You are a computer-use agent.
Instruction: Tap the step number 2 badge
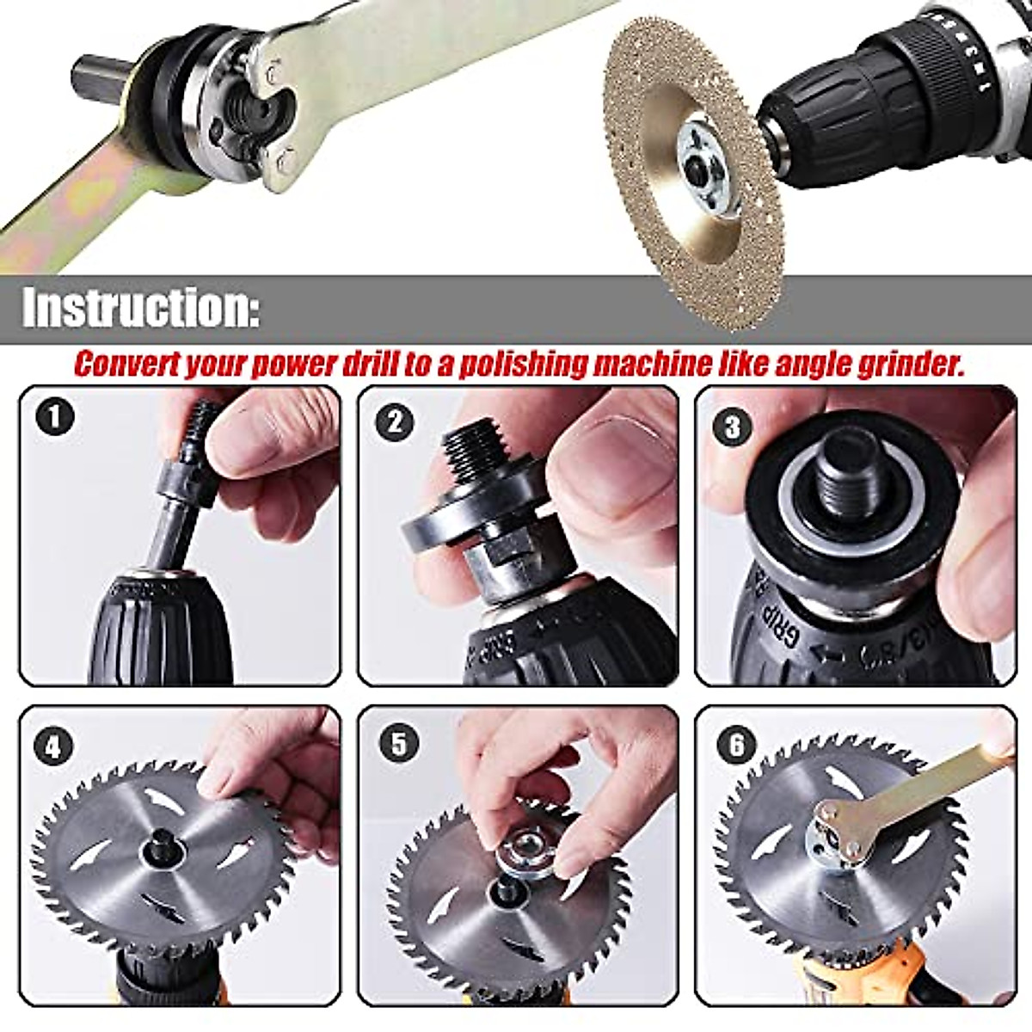point(396,421)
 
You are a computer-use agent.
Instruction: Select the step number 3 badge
point(733,427)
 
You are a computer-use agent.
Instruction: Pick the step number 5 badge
point(398,744)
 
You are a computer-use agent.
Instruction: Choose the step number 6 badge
point(736,746)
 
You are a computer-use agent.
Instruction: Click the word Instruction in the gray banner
point(138,308)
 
